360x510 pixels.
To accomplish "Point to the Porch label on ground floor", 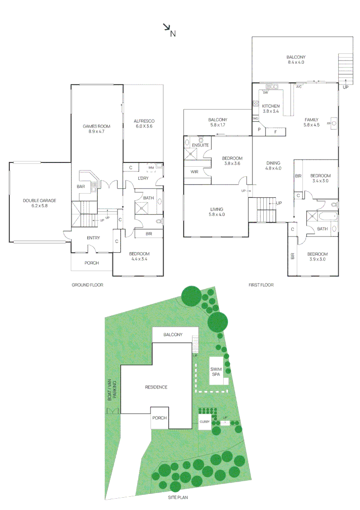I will (x=92, y=263).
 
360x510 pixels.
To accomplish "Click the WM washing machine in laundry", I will (x=151, y=168).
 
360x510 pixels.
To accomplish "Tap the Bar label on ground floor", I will (x=81, y=187).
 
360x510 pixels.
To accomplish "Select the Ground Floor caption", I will (x=87, y=285).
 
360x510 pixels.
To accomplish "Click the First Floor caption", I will (x=261, y=285).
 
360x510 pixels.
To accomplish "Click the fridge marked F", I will (x=276, y=131).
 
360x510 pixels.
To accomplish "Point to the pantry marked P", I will (x=259, y=129).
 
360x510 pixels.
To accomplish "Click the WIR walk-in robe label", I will (x=194, y=172).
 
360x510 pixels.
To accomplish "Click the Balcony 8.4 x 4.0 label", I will (x=296, y=59).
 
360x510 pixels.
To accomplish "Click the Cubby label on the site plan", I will (x=204, y=422).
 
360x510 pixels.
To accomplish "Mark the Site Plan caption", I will (x=180, y=497).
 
